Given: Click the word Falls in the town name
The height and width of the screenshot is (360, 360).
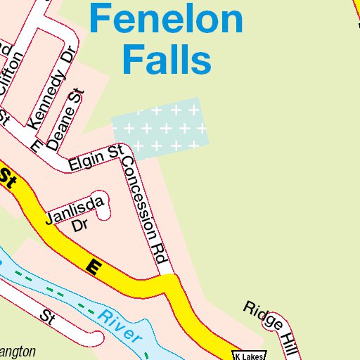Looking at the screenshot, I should [167, 60].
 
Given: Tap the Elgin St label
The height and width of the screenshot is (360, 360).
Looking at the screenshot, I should [96, 159].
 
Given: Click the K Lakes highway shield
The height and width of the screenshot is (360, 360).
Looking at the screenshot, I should [250, 355].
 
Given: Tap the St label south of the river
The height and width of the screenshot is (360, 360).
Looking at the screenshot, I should [47, 316].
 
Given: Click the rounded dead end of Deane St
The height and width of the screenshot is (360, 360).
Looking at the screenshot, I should [77, 94].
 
